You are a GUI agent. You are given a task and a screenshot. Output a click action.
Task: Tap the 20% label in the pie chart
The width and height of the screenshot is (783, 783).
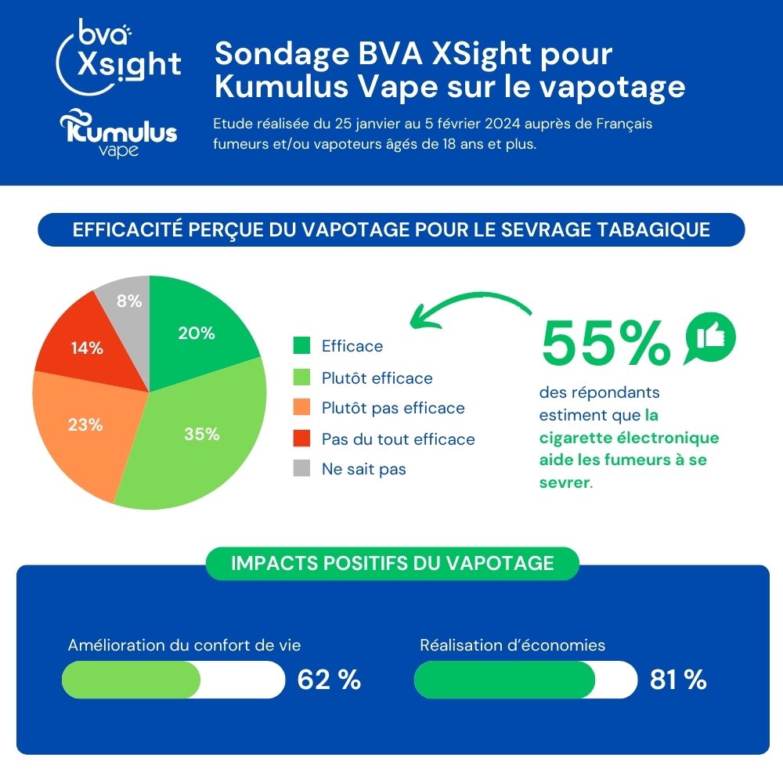click(196, 333)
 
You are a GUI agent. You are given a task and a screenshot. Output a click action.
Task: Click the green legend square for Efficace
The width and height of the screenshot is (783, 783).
click(301, 346)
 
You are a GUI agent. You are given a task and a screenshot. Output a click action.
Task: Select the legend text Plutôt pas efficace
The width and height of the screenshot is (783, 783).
click(393, 408)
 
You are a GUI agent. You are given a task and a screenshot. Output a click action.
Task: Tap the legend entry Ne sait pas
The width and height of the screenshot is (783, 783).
click(363, 469)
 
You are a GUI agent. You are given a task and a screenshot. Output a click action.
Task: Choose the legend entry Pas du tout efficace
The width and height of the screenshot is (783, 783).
click(398, 438)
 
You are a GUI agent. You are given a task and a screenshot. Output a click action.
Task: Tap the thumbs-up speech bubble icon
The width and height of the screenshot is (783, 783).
click(710, 337)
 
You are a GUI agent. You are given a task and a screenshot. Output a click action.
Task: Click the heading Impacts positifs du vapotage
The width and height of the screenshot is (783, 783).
click(392, 563)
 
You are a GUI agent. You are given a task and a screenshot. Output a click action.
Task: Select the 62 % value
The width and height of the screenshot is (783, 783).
click(329, 680)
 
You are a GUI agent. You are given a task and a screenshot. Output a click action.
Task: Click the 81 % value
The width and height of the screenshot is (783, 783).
click(678, 680)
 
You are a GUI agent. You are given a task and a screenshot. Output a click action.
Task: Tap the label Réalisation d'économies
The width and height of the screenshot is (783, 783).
click(513, 645)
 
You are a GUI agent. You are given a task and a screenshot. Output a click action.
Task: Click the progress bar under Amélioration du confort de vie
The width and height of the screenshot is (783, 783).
click(173, 680)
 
